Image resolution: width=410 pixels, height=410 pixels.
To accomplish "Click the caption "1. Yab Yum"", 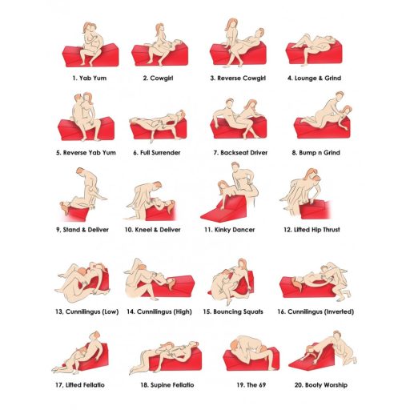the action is [90, 78].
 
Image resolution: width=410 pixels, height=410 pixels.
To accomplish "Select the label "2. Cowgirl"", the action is [158, 78].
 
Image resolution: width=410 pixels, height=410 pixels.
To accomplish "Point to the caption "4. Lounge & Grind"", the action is [314, 78].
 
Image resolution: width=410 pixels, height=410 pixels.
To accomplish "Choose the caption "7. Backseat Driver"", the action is [240, 153].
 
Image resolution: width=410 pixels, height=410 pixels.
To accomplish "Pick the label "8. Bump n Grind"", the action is [316, 153].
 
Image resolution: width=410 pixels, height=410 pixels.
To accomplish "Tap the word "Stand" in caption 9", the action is [71, 230].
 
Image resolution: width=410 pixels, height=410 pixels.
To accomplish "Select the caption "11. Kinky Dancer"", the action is [230, 230].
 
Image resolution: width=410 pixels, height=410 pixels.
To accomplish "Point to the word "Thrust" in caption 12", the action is [332, 230].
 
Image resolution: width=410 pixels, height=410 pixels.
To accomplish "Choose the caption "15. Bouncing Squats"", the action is [233, 312].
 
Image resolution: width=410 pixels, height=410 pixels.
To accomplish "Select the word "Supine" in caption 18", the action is [160, 385].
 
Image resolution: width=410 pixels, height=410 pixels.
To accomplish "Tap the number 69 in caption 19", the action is [262, 385].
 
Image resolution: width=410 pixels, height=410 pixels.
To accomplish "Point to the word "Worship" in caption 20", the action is [336, 385].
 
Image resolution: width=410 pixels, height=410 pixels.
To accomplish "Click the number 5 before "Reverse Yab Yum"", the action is [58, 153].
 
